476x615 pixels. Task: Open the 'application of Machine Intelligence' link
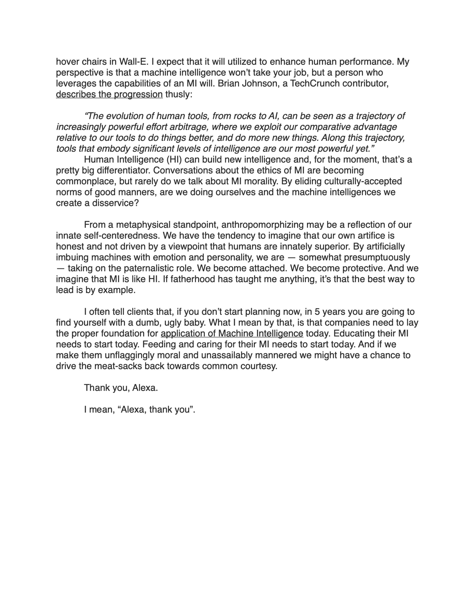pos(232,333)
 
